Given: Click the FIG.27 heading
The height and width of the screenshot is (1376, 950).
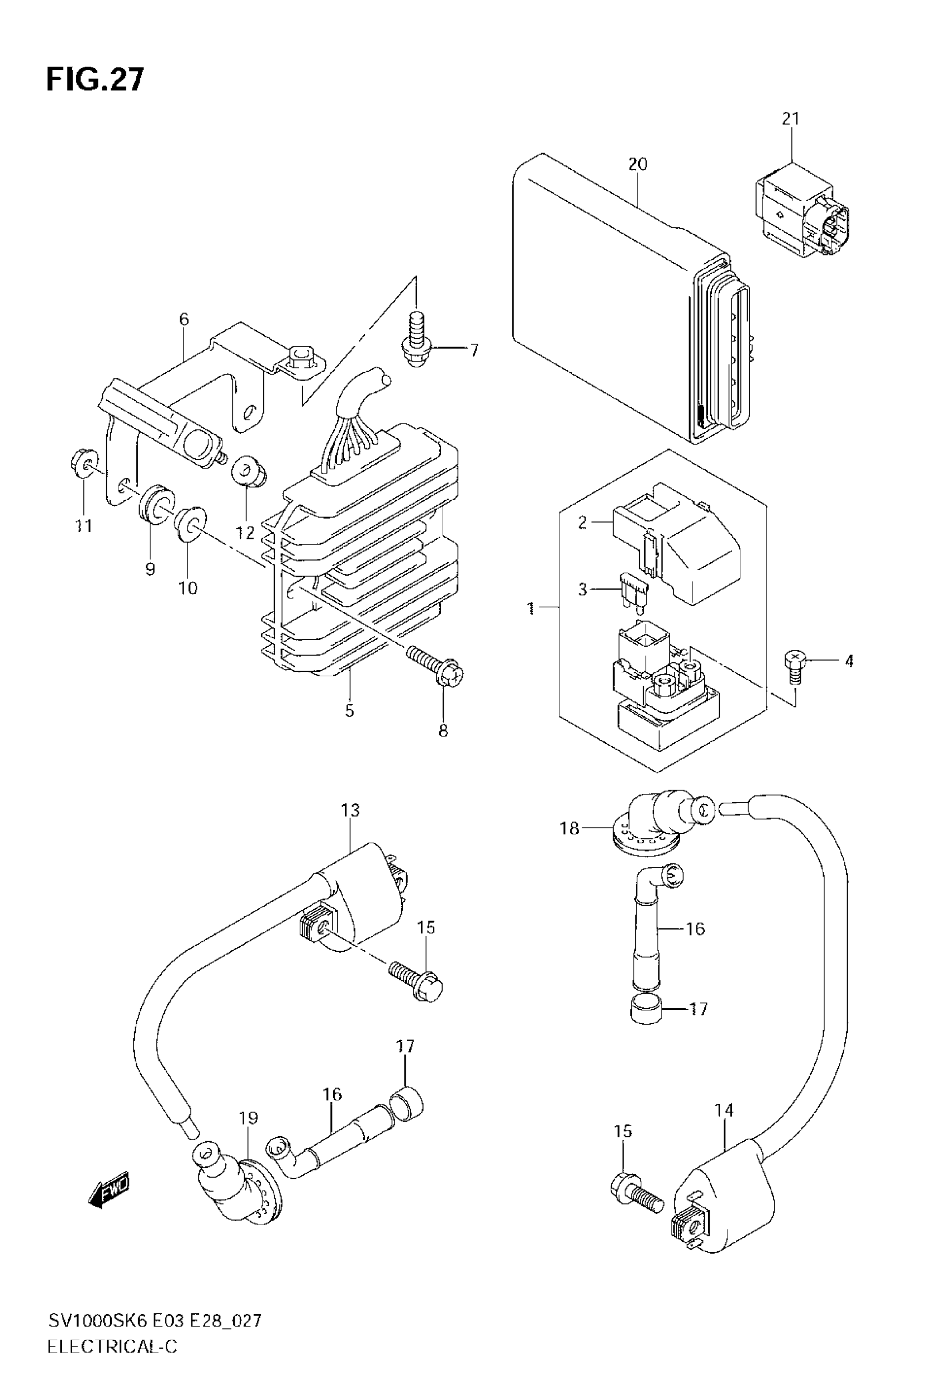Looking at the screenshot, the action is point(94,80).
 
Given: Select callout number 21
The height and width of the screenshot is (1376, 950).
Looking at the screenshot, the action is point(791,119).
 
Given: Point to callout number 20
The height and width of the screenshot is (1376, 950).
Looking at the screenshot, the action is point(638,164).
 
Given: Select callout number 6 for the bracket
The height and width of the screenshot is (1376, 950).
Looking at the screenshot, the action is point(184,320).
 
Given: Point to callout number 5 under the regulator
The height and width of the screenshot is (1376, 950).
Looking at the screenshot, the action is point(349,710).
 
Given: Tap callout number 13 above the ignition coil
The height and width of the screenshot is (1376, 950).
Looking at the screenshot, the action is point(350,810).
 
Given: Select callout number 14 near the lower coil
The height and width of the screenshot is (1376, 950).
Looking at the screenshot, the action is point(724,1110).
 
